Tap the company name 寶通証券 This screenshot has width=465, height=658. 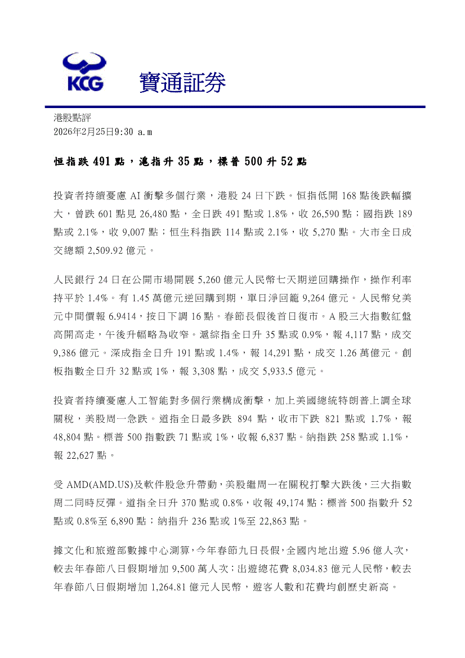pyautogui.click(x=182, y=83)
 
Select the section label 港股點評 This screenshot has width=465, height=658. pyautogui.click(x=72, y=118)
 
